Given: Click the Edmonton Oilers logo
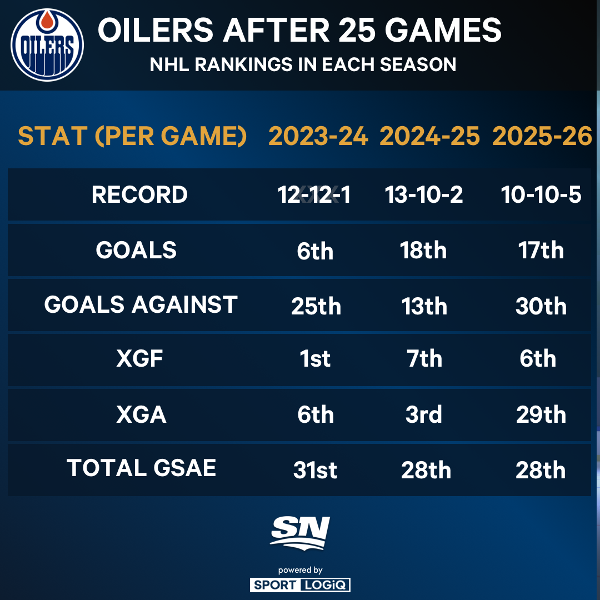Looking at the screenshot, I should pyautogui.click(x=47, y=44).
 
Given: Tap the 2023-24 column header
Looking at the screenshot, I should pyautogui.click(x=318, y=136).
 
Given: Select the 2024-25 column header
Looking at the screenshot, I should pyautogui.click(x=429, y=136).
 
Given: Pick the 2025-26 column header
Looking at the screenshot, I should pyautogui.click(x=542, y=136).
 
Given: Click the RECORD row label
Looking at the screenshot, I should pyautogui.click(x=139, y=195).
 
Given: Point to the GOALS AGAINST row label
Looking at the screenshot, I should pyautogui.click(x=141, y=305).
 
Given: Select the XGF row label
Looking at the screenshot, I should pyautogui.click(x=140, y=359).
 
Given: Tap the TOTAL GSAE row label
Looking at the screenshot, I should pyautogui.click(x=141, y=468).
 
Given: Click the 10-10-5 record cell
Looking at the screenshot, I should pyautogui.click(x=541, y=195).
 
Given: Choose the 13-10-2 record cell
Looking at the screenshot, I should pyautogui.click(x=424, y=195).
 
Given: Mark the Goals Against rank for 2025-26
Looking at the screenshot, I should pyautogui.click(x=541, y=307).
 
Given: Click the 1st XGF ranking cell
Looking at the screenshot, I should pyautogui.click(x=315, y=359).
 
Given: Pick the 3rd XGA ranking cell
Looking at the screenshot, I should pyautogui.click(x=424, y=414).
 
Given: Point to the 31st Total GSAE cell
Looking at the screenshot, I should pyautogui.click(x=315, y=471).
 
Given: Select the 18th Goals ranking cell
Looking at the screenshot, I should pyautogui.click(x=423, y=251).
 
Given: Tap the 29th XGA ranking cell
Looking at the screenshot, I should pyautogui.click(x=541, y=414).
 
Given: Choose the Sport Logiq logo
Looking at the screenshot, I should pyautogui.click(x=300, y=584).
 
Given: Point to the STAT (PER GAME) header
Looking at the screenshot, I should pyautogui.click(x=132, y=136).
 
